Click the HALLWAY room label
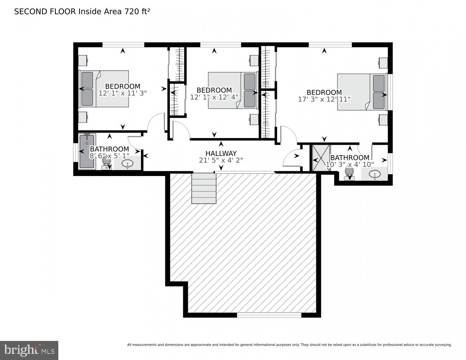click(221, 153)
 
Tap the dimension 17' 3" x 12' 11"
click(324, 99)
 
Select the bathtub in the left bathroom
click(87, 151)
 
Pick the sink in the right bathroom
click(375, 175)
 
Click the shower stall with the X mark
click(320, 158)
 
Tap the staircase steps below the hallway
click(204, 188)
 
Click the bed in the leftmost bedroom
click(104, 89)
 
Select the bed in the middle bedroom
click(232, 90)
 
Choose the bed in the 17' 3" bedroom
click(362, 92)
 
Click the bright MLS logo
click(29, 350)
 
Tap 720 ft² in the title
click(137, 12)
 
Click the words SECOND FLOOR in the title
click(45, 12)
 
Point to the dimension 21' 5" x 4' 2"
click(221, 161)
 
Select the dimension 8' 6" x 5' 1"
click(109, 156)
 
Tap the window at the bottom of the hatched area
click(269, 315)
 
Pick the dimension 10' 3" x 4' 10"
click(350, 165)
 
